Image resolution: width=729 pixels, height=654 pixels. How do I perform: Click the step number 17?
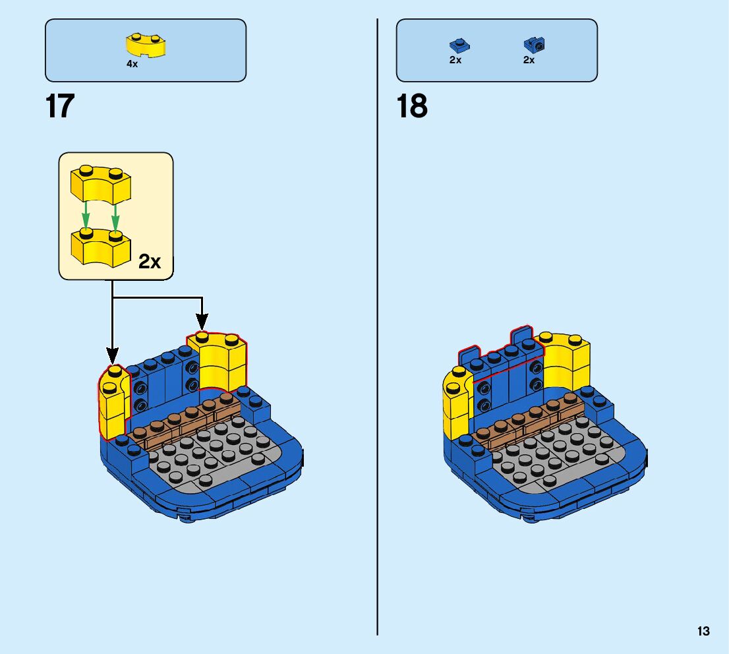[x=60, y=107]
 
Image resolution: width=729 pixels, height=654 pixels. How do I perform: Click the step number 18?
[x=412, y=107]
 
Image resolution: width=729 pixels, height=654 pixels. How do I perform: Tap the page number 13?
[x=703, y=631]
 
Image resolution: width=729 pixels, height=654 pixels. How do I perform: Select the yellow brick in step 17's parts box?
[x=146, y=45]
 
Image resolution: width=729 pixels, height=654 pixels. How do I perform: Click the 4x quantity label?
[x=132, y=64]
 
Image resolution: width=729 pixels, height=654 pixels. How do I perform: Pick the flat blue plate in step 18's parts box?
[x=459, y=45]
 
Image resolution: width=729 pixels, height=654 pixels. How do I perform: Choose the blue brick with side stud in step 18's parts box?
[x=535, y=45]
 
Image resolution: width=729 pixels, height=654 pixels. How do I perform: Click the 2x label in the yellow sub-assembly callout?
[x=150, y=262]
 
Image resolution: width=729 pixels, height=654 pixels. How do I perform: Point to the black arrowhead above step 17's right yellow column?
[x=202, y=322]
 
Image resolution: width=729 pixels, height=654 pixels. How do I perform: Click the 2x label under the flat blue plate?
[x=455, y=60]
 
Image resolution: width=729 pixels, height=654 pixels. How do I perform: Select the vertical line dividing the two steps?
[x=377, y=330]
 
